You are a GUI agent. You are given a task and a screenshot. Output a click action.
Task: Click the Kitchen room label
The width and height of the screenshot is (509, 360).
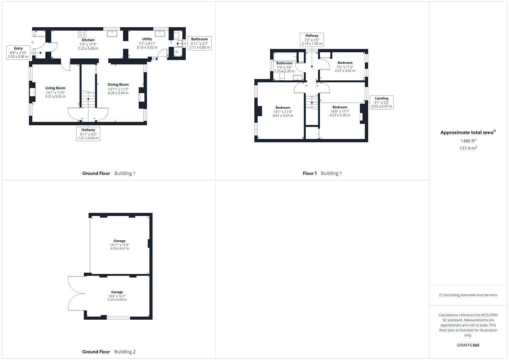pyautogui.click(x=88, y=40)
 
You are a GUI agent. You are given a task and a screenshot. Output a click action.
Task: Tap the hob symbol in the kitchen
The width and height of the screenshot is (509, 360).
pyautogui.click(x=82, y=34)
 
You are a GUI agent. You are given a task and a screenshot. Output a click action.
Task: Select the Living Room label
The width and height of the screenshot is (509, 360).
pyautogui.click(x=55, y=88)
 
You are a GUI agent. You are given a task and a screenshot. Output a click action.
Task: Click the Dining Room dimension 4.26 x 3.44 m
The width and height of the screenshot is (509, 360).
pyautogui.click(x=118, y=93)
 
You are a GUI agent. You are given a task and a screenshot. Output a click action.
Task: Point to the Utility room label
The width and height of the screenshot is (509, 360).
pyautogui.click(x=147, y=39)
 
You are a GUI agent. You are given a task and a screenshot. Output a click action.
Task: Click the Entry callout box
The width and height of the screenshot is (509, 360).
pyautogui.click(x=18, y=53)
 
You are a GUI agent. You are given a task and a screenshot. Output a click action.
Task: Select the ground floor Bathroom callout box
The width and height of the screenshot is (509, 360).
pyautogui.click(x=199, y=43)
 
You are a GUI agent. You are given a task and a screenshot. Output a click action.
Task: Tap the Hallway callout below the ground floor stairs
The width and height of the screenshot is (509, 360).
pyautogui.click(x=88, y=134)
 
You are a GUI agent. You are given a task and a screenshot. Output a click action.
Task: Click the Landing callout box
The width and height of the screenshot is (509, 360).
pyautogui.click(x=382, y=102)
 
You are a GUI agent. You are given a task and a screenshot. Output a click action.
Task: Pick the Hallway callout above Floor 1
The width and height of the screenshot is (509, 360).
pyautogui.click(x=312, y=40)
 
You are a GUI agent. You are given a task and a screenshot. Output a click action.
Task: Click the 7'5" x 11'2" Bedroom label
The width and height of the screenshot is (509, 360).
pyautogui.click(x=345, y=63)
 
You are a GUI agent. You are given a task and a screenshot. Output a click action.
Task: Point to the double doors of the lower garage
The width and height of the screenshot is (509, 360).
pyautogui.click(x=76, y=294)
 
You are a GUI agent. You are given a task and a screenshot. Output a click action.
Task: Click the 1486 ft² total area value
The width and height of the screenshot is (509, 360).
pyautogui.click(x=468, y=141)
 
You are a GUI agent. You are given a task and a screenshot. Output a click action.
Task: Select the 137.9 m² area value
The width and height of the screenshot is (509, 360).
pyautogui.click(x=468, y=148)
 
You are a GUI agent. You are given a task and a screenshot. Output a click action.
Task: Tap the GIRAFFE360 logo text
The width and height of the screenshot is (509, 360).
pyautogui.click(x=468, y=345)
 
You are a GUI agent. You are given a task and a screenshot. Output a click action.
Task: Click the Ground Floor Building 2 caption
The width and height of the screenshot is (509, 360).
pyautogui.click(x=109, y=352)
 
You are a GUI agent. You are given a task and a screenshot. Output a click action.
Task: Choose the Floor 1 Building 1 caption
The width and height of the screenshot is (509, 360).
pyautogui.click(x=322, y=173)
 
